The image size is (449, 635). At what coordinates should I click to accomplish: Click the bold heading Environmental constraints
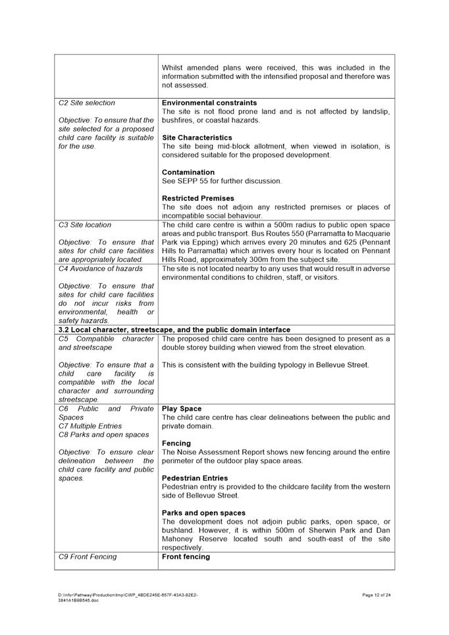[x=209, y=103]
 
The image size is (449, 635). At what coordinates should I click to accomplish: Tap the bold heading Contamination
[x=188, y=172]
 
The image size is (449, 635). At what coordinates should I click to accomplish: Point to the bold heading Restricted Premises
[x=198, y=198]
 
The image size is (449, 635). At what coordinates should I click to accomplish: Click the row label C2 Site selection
[x=87, y=103]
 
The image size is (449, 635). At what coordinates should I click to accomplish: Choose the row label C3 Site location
[x=85, y=224]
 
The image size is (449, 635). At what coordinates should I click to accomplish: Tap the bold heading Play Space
[x=182, y=409]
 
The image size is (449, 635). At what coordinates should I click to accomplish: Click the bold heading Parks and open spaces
[x=203, y=513]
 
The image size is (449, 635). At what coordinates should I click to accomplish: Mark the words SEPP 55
[x=191, y=181]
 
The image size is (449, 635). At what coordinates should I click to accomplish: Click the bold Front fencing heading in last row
[x=186, y=557]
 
